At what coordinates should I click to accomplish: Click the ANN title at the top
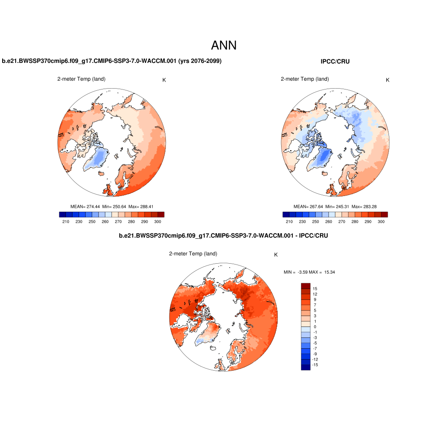click(x=223, y=45)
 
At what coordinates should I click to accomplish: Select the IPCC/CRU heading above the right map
click(x=335, y=62)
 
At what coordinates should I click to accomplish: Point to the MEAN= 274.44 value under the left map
click(x=85, y=206)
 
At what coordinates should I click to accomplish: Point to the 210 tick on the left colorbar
click(x=66, y=222)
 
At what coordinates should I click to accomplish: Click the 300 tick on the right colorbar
click(x=381, y=222)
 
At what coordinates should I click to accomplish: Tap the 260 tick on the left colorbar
click(x=105, y=222)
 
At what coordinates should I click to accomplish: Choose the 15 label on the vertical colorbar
click(x=315, y=289)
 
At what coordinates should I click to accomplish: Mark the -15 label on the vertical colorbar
click(x=314, y=364)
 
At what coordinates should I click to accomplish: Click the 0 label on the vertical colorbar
click(x=315, y=327)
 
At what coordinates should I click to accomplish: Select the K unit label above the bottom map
click(x=275, y=255)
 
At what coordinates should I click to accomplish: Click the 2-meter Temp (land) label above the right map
click(x=305, y=79)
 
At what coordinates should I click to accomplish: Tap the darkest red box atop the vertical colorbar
click(x=305, y=285)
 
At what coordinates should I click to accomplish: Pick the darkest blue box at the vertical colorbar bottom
click(x=305, y=367)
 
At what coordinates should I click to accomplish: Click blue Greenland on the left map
click(x=100, y=158)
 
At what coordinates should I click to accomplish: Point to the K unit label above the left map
click(x=164, y=80)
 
